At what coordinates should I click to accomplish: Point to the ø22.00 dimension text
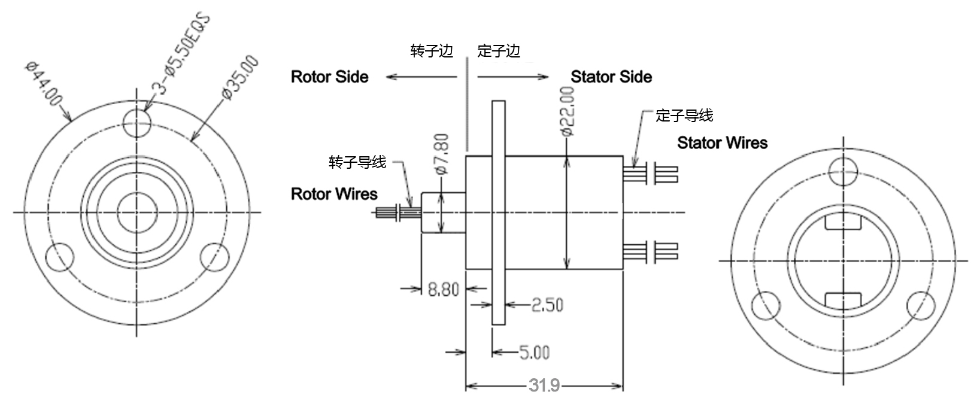pos(567,112)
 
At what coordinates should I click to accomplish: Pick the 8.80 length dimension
pos(443,290)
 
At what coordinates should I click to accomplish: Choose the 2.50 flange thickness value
pos(547,305)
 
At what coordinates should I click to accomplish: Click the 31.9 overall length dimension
pos(544,386)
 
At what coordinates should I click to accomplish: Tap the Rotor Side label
pos(329,77)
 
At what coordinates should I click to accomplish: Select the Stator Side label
pos(611,77)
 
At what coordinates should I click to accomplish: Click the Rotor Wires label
pos(334,194)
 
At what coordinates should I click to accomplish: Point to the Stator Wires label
pos(722,142)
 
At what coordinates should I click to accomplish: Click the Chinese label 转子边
pos(432,51)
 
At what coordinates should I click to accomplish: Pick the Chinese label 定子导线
pos(684,115)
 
